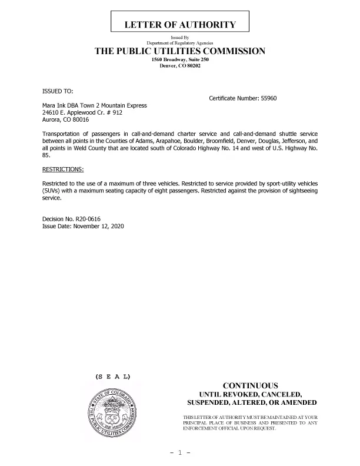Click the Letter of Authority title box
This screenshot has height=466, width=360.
[x=180, y=25]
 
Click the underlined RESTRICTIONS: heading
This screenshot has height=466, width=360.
[x=62, y=169]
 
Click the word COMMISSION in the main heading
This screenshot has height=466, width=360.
[x=228, y=51]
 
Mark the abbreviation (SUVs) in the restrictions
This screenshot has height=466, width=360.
[x=51, y=192]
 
